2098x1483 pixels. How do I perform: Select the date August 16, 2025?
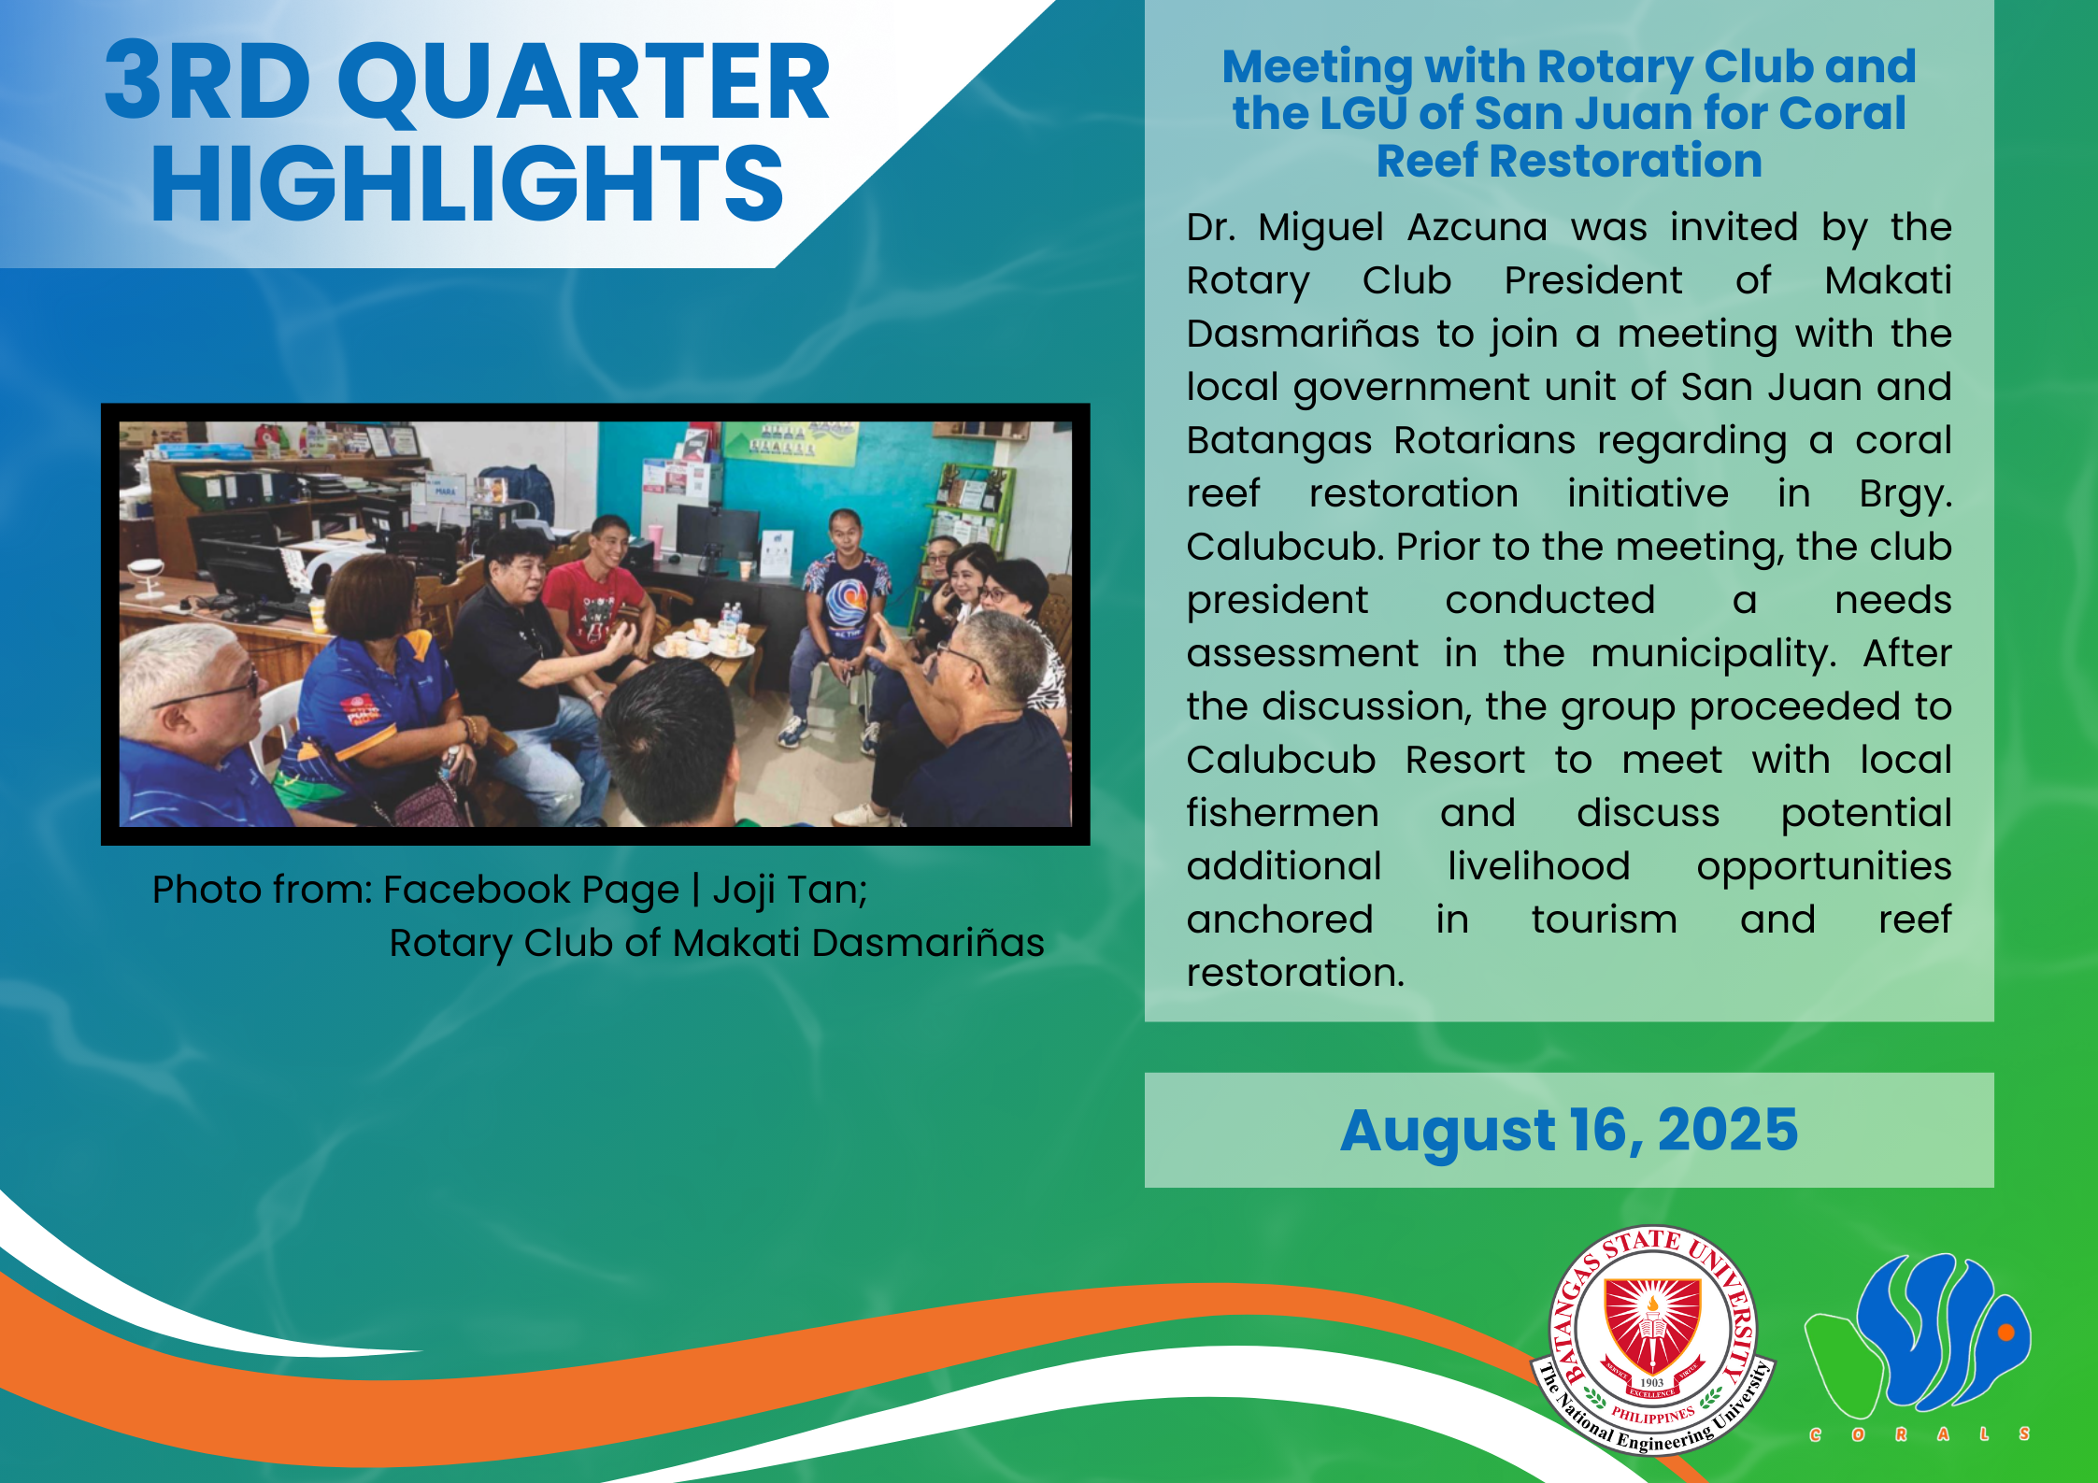1569,1131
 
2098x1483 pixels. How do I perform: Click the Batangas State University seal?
1652,1339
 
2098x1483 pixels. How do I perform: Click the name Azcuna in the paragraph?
1477,227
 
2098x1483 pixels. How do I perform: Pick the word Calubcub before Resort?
1281,760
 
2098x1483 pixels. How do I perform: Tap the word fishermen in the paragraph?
1283,813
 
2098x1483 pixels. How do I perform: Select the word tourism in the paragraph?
1604,920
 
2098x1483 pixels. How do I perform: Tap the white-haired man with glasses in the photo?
192,729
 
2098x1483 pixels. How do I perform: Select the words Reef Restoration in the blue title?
1569,161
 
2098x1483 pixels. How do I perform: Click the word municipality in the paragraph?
1713,653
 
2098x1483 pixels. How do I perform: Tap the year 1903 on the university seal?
1652,1382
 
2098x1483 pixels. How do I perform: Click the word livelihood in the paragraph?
1538,866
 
